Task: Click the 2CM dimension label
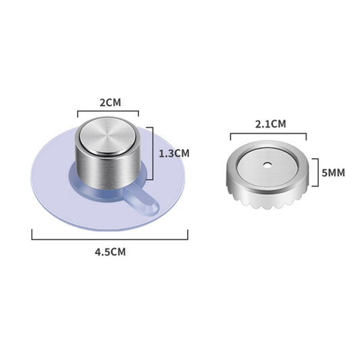click(108, 103)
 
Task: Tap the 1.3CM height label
click(174, 153)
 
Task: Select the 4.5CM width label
click(110, 251)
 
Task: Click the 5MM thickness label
click(333, 173)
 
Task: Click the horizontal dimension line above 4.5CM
click(110, 236)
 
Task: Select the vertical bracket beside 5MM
click(316, 173)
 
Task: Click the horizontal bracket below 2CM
click(108, 113)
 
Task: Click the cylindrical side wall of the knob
click(108, 172)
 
